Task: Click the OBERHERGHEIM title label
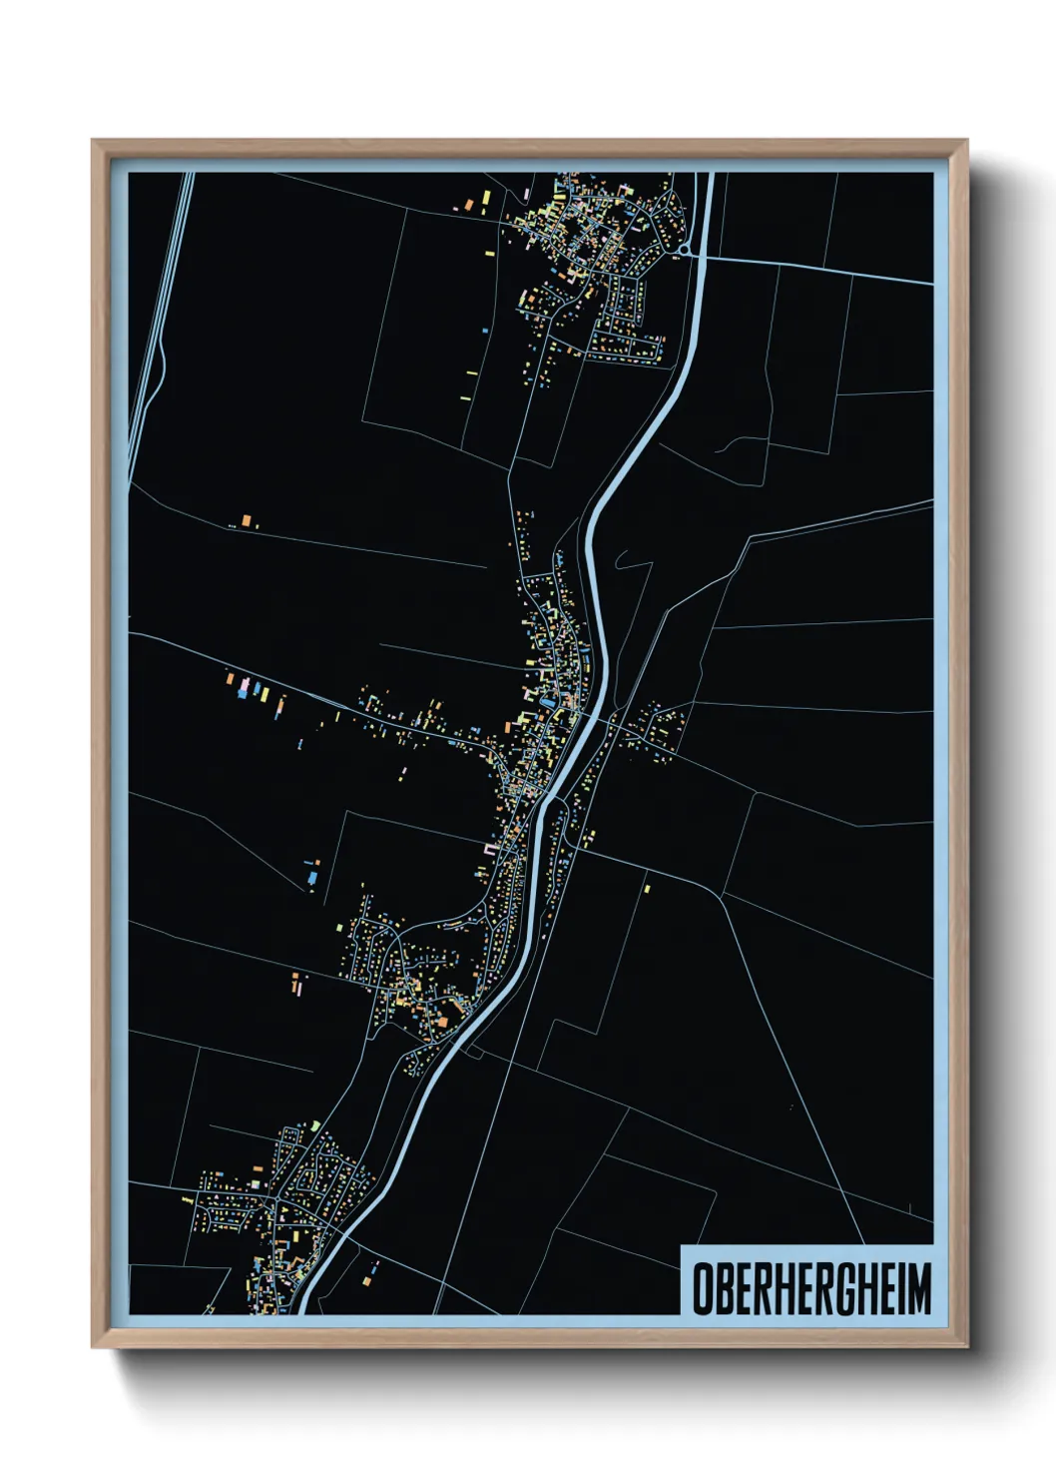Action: [x=810, y=1287]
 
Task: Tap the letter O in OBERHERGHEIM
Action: [x=703, y=1288]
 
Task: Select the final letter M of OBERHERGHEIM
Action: [x=918, y=1288]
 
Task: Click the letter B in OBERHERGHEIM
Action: [x=724, y=1288]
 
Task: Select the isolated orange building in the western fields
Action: [x=247, y=521]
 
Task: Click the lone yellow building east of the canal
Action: [x=647, y=886]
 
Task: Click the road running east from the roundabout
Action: [x=818, y=268]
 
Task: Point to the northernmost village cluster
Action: [x=589, y=260]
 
